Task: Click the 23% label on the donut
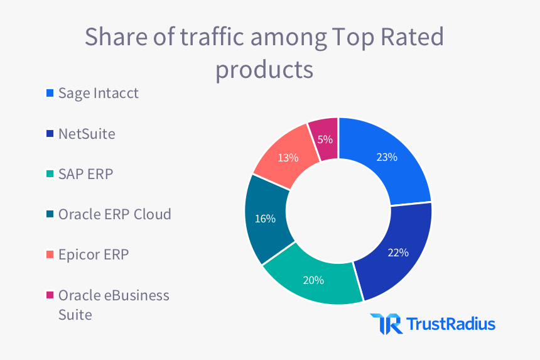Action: pyautogui.click(x=387, y=157)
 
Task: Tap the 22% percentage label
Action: pyautogui.click(x=398, y=253)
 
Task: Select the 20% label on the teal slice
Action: pyautogui.click(x=313, y=280)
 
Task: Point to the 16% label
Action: pyautogui.click(x=265, y=219)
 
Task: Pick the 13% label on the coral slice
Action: pyautogui.click(x=288, y=158)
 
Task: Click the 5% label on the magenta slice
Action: pyautogui.click(x=325, y=139)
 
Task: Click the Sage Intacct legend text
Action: pyautogui.click(x=98, y=93)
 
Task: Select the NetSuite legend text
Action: pyautogui.click(x=87, y=133)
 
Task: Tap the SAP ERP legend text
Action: pyautogui.click(x=85, y=174)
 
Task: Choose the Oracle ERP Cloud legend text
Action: pyautogui.click(x=114, y=214)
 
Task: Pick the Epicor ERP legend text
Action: pyautogui.click(x=94, y=254)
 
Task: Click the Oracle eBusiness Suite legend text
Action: pyautogui.click(x=113, y=304)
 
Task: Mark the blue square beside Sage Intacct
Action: pyautogui.click(x=49, y=94)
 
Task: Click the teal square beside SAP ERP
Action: pyautogui.click(x=49, y=175)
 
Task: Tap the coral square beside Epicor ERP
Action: pyautogui.click(x=49, y=255)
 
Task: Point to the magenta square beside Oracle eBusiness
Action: pyautogui.click(x=49, y=295)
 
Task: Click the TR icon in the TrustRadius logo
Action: pyautogui.click(x=382, y=324)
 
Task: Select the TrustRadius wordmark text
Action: pyautogui.click(x=451, y=324)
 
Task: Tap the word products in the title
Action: pyautogui.click(x=264, y=68)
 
